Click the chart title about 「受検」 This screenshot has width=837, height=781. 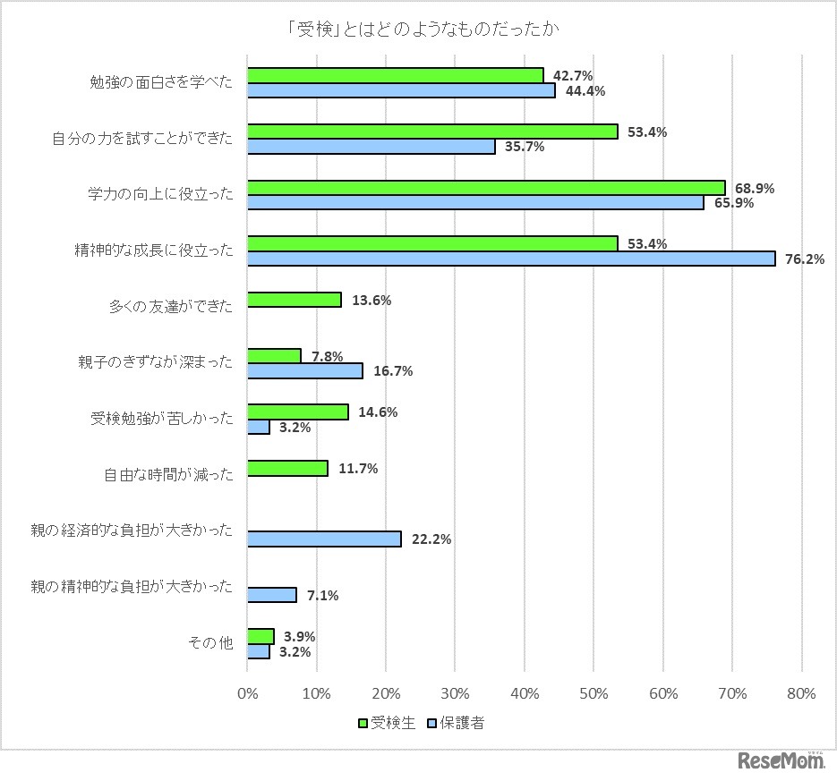tap(418, 30)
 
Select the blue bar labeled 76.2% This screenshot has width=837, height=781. tap(510, 259)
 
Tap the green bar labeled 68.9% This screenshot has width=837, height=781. tap(485, 188)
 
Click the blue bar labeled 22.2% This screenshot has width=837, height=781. tap(324, 539)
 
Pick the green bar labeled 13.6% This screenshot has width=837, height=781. tap(294, 300)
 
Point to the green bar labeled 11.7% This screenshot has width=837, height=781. tap(287, 468)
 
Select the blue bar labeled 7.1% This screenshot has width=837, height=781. tap(271, 595)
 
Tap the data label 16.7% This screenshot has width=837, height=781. tap(393, 371)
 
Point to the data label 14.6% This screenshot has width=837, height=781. tap(379, 412)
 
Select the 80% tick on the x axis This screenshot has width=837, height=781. tap(801, 692)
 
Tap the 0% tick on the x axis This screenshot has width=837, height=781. tap(247, 692)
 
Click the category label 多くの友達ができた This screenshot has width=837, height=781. tap(170, 307)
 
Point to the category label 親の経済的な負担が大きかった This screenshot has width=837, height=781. tap(132, 531)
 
